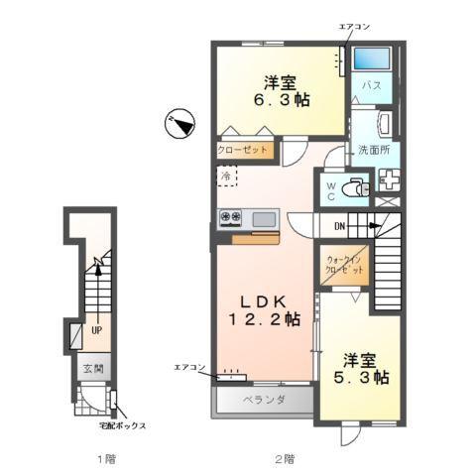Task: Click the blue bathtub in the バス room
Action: click(371, 58)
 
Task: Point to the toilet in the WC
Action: click(352, 187)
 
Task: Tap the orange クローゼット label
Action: click(242, 151)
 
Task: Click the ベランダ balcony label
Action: click(265, 400)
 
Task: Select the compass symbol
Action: click(178, 123)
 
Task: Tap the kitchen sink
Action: click(264, 218)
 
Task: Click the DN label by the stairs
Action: click(338, 226)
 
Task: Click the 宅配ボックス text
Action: click(122, 425)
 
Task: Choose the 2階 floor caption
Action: click(284, 459)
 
